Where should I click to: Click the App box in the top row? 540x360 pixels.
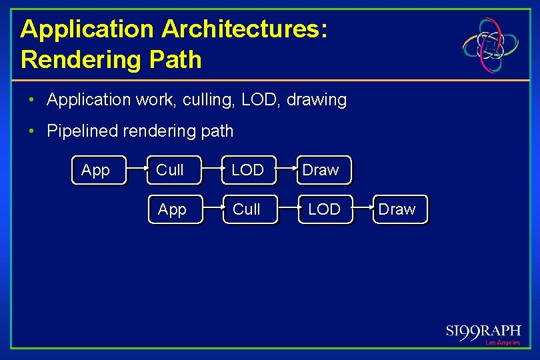(x=98, y=171)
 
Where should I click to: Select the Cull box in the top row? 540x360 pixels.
(x=173, y=171)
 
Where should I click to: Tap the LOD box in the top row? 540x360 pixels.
(x=249, y=171)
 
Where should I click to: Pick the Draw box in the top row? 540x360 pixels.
(x=324, y=171)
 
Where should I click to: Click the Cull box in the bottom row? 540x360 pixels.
(x=249, y=209)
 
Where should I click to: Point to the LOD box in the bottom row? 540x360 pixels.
(x=325, y=209)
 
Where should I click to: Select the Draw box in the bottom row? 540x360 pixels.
(x=400, y=209)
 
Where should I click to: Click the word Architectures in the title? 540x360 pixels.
(x=244, y=29)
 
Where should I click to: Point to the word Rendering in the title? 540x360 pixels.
(x=77, y=59)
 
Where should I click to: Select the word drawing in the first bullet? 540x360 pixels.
(x=317, y=100)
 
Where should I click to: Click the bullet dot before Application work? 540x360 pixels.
(x=31, y=100)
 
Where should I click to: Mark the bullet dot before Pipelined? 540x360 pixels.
(x=31, y=131)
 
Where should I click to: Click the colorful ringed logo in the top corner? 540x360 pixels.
(x=492, y=45)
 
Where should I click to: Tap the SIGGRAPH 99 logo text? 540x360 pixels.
(x=483, y=331)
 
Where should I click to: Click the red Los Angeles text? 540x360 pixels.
(x=502, y=343)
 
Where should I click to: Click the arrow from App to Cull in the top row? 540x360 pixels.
(x=137, y=171)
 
